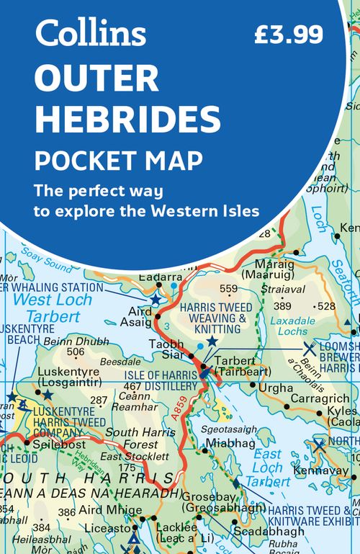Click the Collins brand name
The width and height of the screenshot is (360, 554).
91,32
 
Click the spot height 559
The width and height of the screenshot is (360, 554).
228,290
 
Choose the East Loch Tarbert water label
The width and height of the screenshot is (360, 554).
267,469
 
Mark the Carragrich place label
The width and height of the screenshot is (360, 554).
320,398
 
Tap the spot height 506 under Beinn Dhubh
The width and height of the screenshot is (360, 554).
75,352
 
